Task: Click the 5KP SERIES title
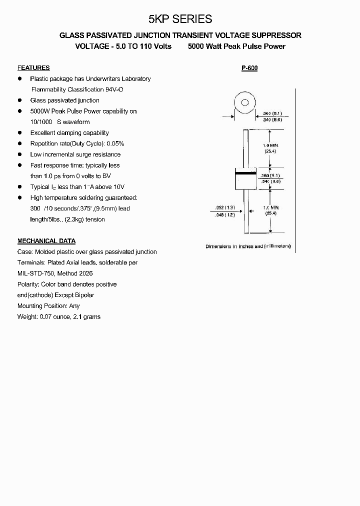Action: point(180,19)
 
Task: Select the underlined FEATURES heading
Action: point(33,68)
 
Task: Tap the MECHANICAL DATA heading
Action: point(46,241)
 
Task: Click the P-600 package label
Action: point(249,68)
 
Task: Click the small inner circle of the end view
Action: point(245,103)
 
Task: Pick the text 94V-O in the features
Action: point(114,89)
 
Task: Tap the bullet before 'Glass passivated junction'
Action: point(20,100)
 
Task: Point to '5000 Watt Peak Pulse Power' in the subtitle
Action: point(236,46)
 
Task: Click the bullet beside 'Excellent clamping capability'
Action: point(20,133)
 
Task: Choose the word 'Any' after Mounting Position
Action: point(74,306)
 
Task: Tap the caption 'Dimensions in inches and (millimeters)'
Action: point(248,246)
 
